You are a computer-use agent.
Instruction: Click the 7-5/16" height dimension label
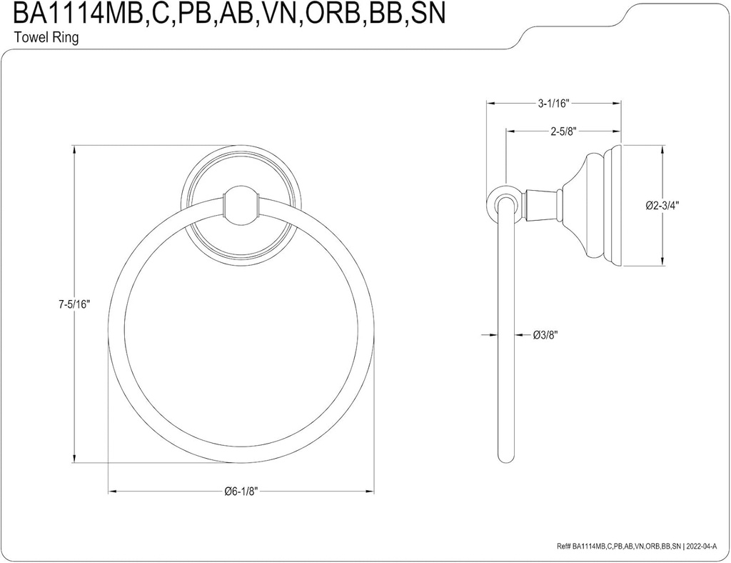click(x=74, y=304)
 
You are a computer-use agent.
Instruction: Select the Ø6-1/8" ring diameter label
click(x=241, y=491)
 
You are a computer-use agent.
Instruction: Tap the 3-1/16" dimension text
click(x=554, y=104)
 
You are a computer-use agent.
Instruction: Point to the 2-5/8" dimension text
click(x=564, y=131)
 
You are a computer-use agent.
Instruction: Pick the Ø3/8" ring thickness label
click(x=545, y=334)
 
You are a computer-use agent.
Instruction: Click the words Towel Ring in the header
click(x=46, y=37)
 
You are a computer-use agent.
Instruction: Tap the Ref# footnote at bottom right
click(x=640, y=546)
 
